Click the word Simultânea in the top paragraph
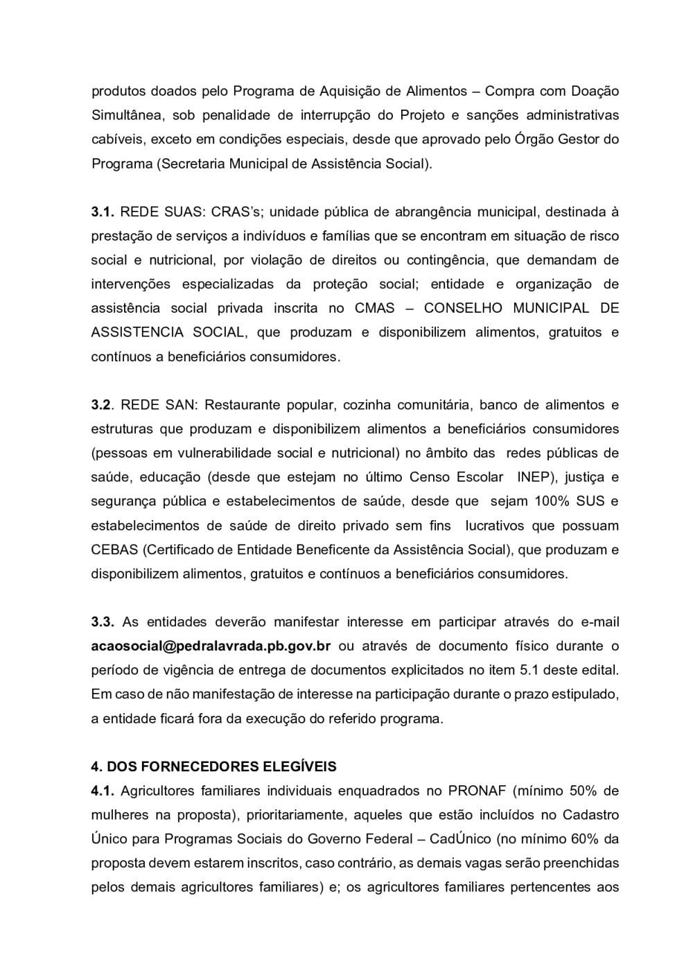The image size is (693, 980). pos(125,115)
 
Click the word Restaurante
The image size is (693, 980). pos(239,405)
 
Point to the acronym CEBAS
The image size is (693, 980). pos(114,550)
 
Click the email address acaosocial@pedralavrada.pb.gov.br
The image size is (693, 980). pos(211,646)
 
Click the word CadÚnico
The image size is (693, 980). pos(459,839)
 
